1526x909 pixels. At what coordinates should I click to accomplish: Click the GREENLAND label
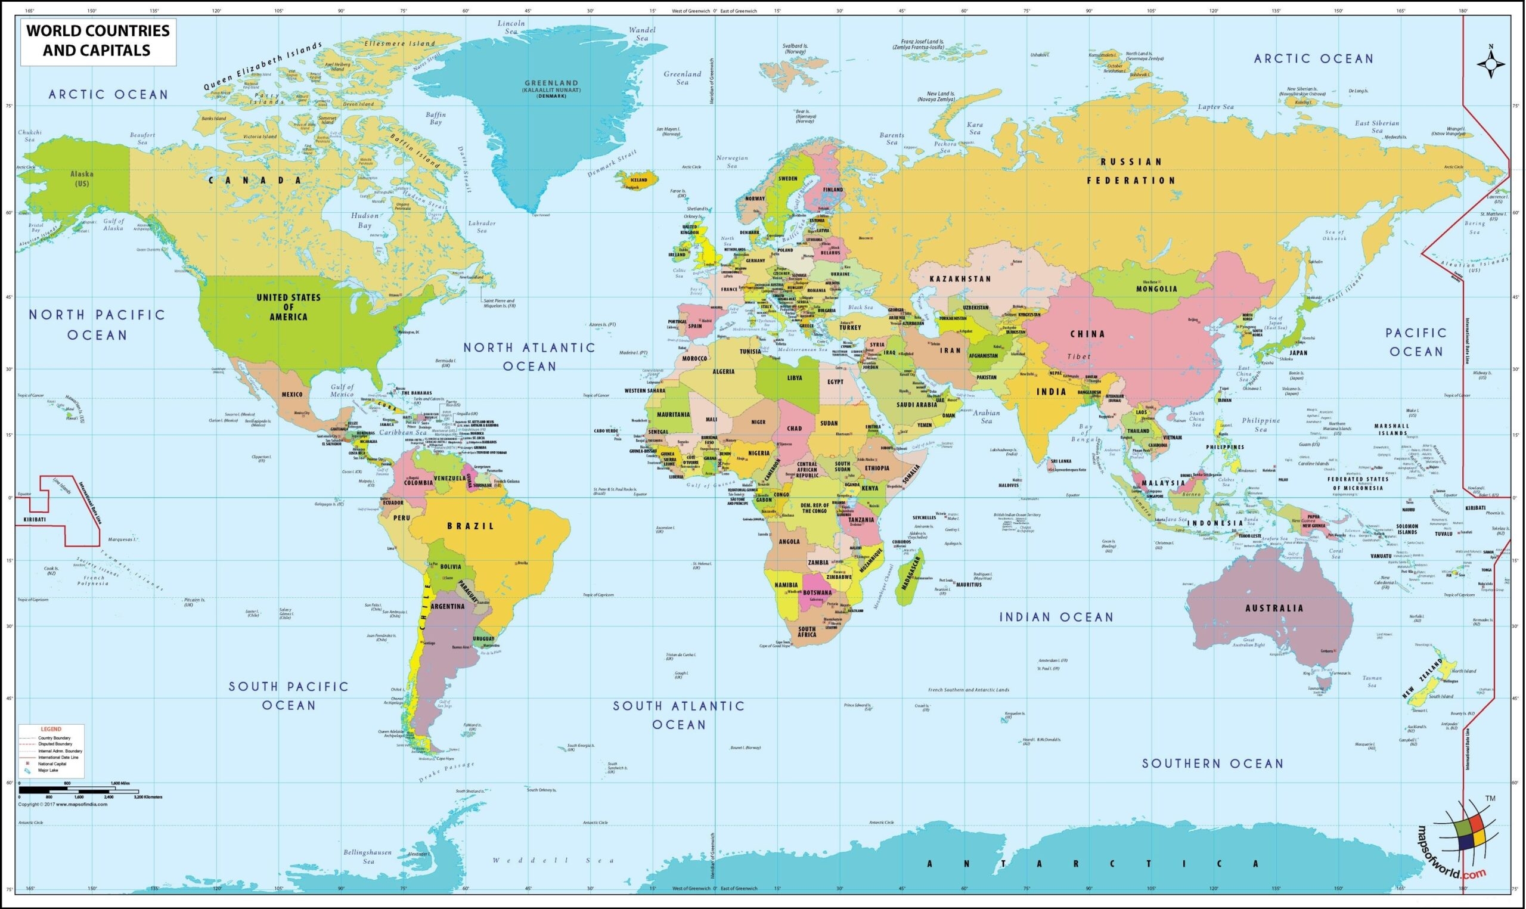coord(551,83)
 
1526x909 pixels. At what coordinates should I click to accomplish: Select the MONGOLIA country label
coord(1156,289)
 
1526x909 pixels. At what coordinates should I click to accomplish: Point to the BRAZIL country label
coord(470,526)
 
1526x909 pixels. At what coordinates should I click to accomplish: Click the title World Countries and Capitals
coord(98,41)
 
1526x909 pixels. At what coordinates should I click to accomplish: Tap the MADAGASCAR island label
coord(910,570)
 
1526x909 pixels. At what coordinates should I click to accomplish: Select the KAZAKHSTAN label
coord(960,279)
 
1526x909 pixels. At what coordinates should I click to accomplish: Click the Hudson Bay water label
coord(365,221)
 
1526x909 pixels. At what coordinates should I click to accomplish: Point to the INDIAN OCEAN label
coord(1056,618)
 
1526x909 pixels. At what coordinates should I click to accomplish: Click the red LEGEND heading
coord(51,730)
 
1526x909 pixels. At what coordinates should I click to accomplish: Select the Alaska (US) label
coord(82,179)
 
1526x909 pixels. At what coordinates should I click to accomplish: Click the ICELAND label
coord(638,180)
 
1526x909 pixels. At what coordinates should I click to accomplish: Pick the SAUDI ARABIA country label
coord(917,405)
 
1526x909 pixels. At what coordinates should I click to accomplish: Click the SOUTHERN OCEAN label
coord(1212,763)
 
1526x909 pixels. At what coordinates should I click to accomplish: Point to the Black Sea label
coord(860,308)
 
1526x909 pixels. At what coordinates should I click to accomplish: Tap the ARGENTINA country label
coord(448,606)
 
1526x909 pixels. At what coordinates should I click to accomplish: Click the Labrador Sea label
coord(482,227)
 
